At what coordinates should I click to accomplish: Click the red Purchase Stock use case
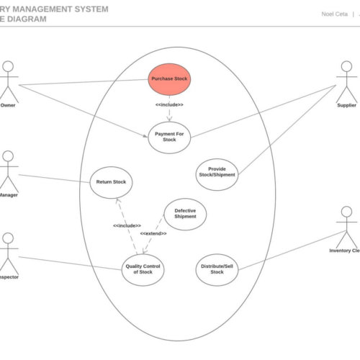(170, 78)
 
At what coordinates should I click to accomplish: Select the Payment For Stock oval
(169, 136)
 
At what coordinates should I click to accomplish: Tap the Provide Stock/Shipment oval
(217, 173)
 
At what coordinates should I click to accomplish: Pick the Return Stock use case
(111, 182)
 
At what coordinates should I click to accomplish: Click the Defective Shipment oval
(185, 214)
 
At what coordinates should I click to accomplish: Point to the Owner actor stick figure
(8, 80)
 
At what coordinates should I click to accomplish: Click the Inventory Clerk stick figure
(346, 226)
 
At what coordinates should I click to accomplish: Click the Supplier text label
(346, 106)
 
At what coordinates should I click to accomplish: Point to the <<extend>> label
(153, 233)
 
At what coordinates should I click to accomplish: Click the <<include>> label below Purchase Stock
(169, 105)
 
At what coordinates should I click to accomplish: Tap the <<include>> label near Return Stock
(126, 225)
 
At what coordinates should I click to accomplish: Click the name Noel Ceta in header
(333, 14)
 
